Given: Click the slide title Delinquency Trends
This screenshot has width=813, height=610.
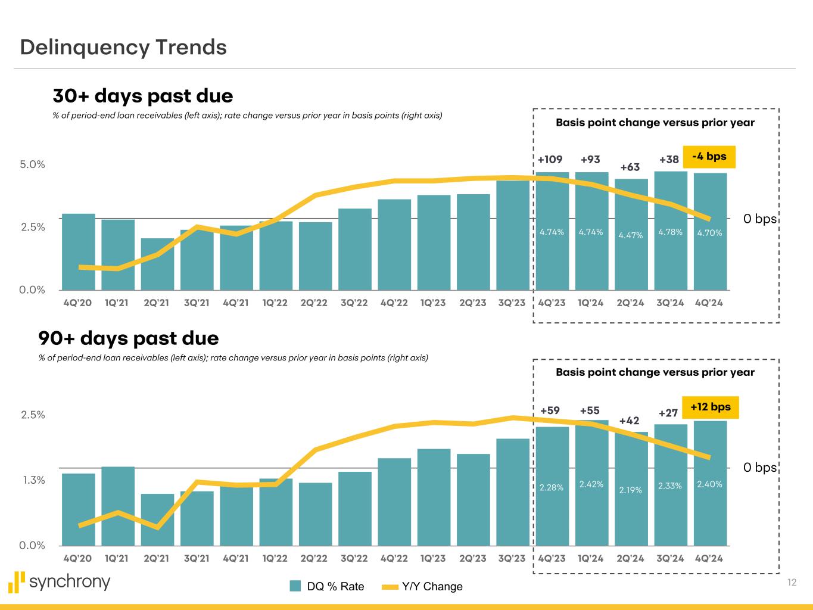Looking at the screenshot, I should coord(123,47).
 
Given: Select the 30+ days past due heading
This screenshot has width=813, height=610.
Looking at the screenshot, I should coord(143,96).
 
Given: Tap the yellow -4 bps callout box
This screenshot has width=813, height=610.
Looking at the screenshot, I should coord(709,157).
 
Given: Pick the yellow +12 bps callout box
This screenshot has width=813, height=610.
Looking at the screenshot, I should coord(710,407).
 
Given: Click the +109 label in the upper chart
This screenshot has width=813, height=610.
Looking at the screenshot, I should coord(550,160).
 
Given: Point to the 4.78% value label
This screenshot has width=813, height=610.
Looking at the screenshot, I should coord(670,232).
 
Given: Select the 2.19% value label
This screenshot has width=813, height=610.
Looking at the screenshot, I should coord(630,490).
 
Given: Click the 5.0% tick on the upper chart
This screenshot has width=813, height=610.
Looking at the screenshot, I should coord(32,164).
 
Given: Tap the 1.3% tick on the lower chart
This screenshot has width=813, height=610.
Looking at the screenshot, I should coord(33,480).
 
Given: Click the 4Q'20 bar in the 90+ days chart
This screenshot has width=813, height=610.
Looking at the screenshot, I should coord(78,509).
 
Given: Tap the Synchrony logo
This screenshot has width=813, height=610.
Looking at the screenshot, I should coord(60,581).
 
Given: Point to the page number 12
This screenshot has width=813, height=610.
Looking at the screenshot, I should coord(792,582).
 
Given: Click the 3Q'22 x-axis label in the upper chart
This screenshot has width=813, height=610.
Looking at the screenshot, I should coord(354,303).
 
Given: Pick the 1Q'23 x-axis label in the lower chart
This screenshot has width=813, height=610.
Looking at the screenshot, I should coord(433,558).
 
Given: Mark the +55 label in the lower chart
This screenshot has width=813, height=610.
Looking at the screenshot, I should coord(590,410).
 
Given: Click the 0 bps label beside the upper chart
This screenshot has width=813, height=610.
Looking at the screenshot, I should coord(759,219).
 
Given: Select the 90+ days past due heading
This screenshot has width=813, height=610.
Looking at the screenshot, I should coord(129,338).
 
